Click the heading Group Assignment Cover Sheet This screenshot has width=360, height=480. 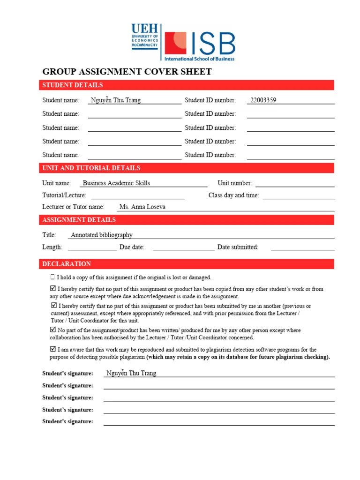click(127, 72)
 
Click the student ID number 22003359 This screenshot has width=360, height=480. click(263, 100)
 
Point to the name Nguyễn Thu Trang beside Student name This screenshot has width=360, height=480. click(115, 100)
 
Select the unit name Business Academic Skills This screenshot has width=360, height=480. click(116, 183)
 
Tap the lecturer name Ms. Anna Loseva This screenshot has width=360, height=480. click(142, 207)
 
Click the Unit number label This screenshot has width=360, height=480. click(234, 183)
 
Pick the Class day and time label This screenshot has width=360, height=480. click(233, 195)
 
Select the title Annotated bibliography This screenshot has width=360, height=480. click(102, 235)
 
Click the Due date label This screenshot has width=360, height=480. click(132, 247)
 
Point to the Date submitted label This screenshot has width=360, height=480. click(238, 247)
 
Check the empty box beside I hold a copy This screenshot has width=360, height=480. click(52, 277)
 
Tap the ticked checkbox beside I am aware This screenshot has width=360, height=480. click(53, 349)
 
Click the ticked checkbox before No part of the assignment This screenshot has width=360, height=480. click(53, 330)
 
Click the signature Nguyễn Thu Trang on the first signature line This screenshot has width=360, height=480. click(131, 373)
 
